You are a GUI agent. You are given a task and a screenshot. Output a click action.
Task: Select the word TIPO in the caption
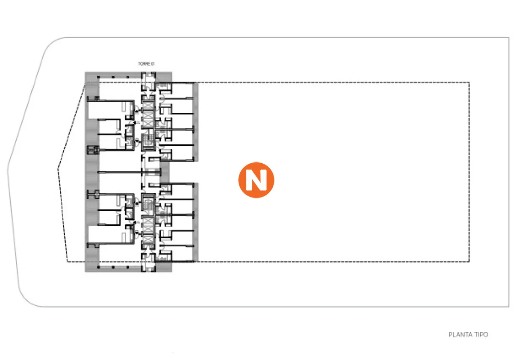point(481,335)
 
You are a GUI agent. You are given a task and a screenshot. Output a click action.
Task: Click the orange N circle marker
point(256,180)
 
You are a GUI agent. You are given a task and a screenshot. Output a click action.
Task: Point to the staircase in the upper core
point(148,139)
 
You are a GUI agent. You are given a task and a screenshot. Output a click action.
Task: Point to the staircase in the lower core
point(148,201)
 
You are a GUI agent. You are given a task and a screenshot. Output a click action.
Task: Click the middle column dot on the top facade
point(113,78)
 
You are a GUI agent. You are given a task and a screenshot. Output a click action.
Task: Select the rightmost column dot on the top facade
point(127,78)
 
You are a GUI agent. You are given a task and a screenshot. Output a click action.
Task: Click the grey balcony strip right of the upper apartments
point(196,122)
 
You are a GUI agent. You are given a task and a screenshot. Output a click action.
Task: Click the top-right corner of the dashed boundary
point(469,83)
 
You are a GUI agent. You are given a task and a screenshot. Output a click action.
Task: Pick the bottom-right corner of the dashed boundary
point(469,262)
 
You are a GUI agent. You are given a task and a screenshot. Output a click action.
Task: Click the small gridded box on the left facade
point(93,150)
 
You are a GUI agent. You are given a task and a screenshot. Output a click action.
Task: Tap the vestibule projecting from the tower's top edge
point(148,77)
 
